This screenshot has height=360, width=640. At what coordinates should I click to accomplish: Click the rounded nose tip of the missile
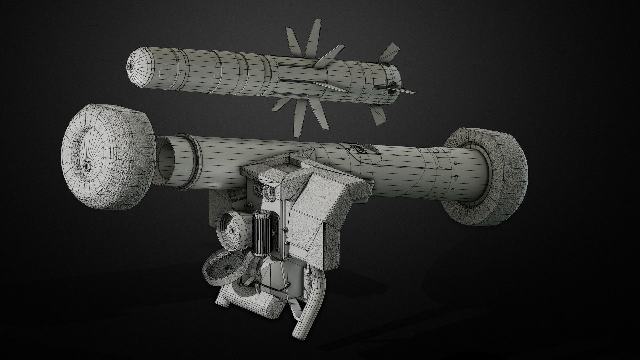point(131,66)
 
